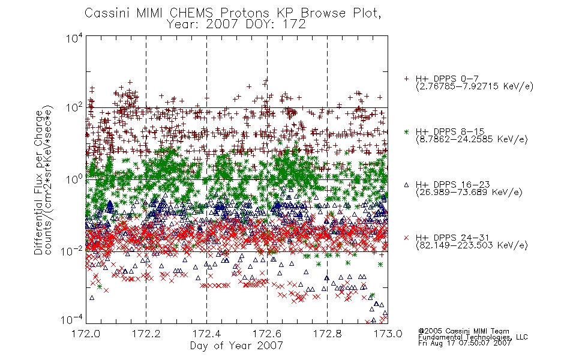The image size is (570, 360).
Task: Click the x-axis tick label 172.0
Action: click(x=86, y=334)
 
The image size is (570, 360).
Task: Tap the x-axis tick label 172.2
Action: click(x=146, y=334)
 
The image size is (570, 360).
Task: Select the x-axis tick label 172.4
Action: click(x=207, y=334)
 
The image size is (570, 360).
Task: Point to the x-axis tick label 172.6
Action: click(x=267, y=334)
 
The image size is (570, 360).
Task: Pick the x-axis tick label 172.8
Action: click(x=327, y=334)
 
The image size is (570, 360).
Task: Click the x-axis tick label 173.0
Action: click(x=388, y=334)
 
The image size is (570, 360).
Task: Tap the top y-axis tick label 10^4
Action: click(x=74, y=38)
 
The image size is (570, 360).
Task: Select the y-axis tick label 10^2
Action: click(x=74, y=108)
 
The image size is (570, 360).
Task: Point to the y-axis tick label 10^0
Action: click(x=74, y=179)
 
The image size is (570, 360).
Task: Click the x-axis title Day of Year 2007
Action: click(x=236, y=346)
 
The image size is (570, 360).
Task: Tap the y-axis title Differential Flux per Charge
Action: click(x=38, y=182)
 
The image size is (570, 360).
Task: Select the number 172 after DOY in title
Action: click(x=295, y=25)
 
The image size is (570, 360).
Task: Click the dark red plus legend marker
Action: click(x=406, y=79)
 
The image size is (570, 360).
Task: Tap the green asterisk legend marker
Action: click(x=406, y=131)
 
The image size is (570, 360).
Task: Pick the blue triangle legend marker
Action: click(x=406, y=185)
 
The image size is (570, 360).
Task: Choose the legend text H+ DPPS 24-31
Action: click(x=452, y=238)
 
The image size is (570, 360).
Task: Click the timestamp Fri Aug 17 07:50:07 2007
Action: click(x=464, y=343)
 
